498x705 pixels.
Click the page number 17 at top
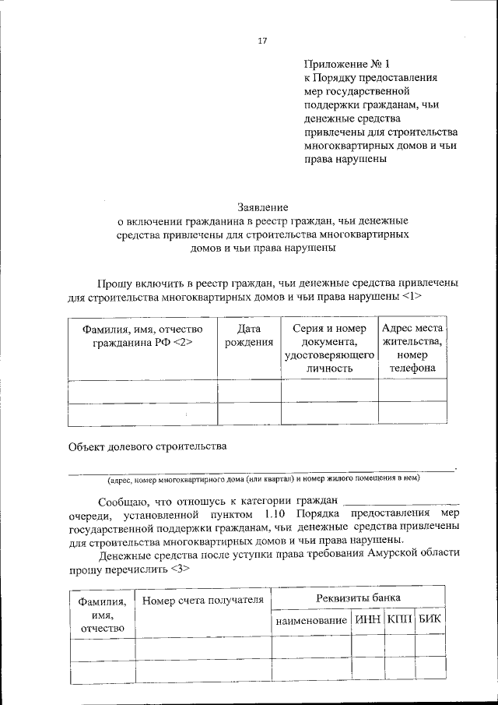pos(262,41)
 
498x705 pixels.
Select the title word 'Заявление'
pos(263,207)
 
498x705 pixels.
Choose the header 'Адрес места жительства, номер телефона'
pos(412,348)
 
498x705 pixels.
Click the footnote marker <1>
pos(412,297)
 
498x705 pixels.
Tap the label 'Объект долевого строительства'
pos(147,446)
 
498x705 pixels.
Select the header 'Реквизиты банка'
pos(359,597)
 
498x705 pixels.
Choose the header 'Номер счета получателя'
pos(203,600)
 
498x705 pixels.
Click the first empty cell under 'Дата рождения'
pos(249,390)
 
